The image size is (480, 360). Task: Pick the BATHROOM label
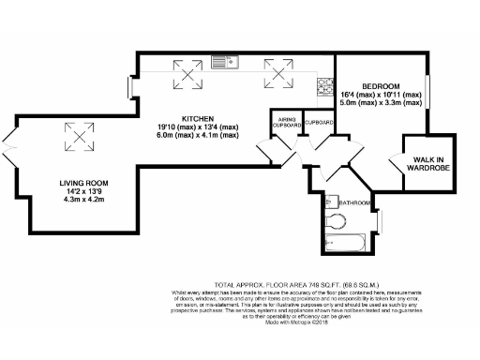tap(354, 203)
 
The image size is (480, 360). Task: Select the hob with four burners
tap(326, 88)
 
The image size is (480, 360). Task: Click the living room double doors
tap(10, 151)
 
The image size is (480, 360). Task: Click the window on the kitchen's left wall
tap(132, 88)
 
